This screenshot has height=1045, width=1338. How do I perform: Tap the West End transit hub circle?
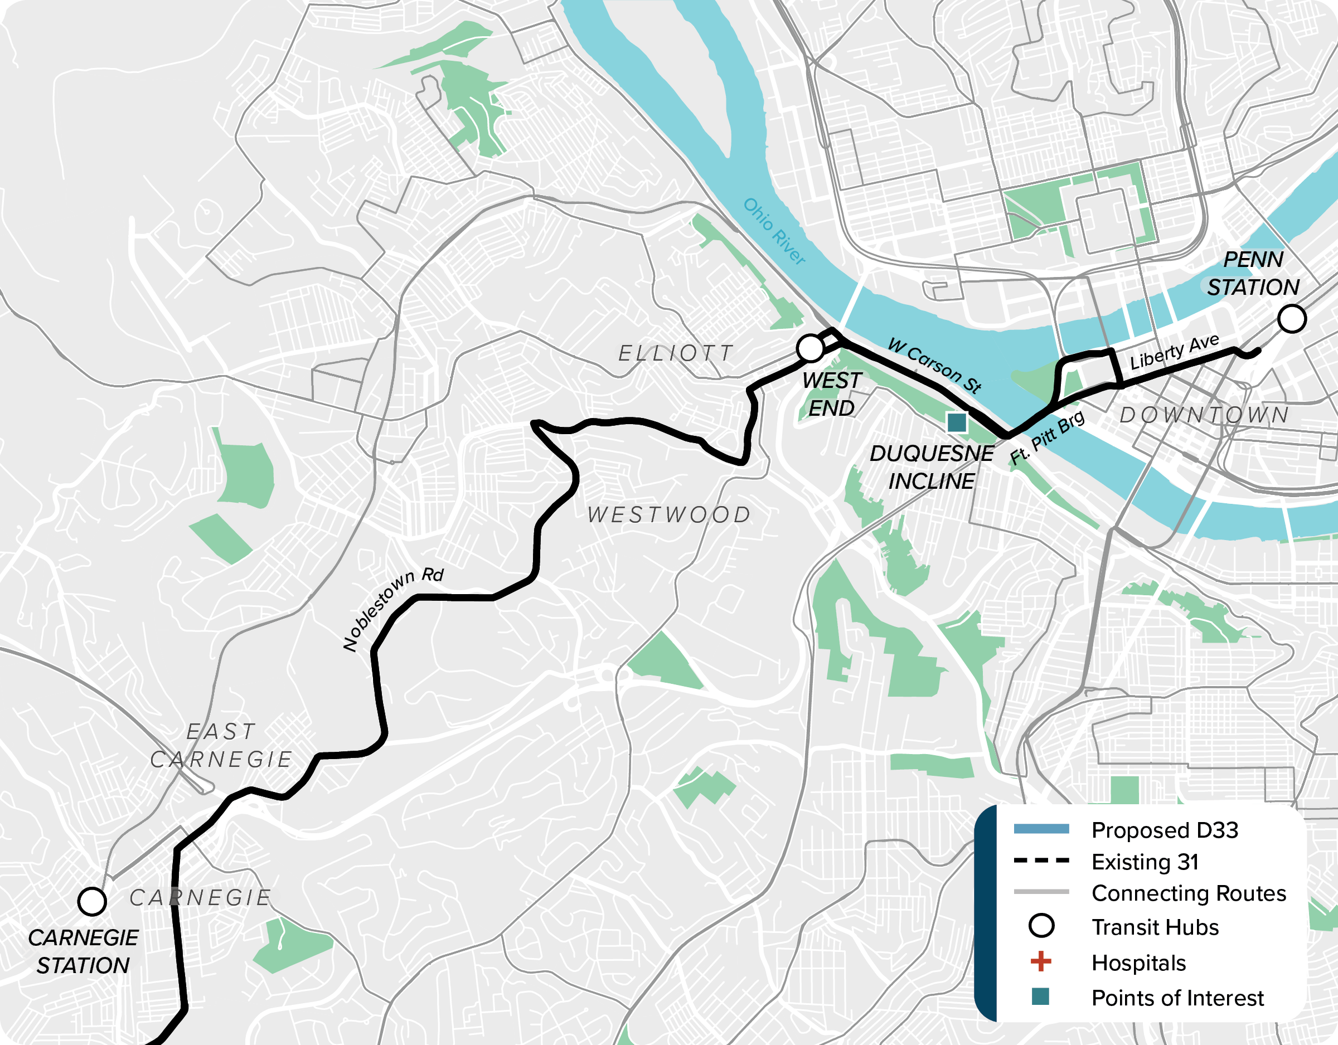click(811, 348)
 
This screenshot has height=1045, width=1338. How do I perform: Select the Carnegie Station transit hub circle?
click(92, 901)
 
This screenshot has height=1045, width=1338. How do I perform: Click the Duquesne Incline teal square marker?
click(957, 422)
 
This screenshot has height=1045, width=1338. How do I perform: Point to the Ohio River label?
click(774, 231)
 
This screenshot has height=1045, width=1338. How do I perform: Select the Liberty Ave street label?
click(1175, 352)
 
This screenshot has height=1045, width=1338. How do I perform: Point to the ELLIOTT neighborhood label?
click(676, 353)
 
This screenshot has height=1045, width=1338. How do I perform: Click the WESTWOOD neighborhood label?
click(669, 515)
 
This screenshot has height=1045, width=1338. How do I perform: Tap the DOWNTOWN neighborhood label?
click(1204, 415)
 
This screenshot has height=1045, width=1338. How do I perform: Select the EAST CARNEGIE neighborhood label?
click(221, 746)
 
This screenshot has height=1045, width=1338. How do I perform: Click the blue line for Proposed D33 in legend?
click(1041, 829)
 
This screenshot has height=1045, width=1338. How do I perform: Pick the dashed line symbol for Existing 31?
click(1041, 861)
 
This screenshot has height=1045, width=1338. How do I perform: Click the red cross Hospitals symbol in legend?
click(1041, 962)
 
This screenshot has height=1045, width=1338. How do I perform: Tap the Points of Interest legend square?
click(1040, 997)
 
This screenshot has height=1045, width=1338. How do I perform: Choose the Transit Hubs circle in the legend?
click(1041, 926)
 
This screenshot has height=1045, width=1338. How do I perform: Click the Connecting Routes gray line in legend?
click(1041, 892)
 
